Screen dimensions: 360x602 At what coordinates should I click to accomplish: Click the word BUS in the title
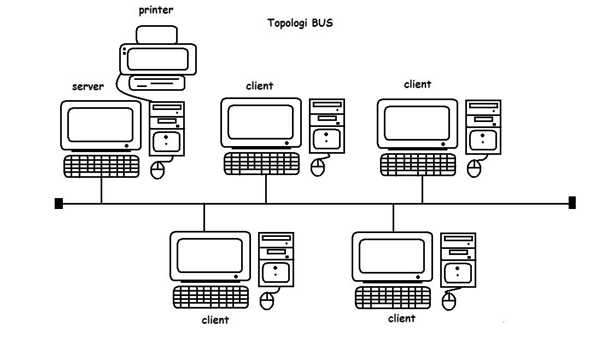(323, 23)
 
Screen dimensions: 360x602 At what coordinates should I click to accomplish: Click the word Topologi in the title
(288, 24)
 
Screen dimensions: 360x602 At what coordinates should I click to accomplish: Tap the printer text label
(156, 10)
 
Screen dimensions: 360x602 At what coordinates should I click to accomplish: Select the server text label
(87, 86)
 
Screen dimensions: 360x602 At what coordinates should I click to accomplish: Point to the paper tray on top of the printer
(157, 36)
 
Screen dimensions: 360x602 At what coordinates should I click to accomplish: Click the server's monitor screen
(100, 124)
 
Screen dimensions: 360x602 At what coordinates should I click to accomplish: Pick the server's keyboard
(101, 166)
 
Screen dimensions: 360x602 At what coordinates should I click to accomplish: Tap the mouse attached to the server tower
(157, 170)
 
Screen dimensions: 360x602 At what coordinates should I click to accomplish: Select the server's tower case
(167, 128)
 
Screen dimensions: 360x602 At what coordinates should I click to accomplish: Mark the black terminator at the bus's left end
(59, 204)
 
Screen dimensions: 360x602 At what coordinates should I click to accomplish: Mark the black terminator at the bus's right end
(572, 203)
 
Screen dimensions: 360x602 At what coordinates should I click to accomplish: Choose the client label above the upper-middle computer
(259, 86)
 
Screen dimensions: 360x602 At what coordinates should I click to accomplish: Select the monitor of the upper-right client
(417, 123)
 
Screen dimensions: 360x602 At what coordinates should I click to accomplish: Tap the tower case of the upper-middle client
(326, 126)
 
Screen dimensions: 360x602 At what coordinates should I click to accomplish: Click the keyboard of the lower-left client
(211, 297)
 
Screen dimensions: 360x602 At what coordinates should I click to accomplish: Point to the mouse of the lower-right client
(449, 301)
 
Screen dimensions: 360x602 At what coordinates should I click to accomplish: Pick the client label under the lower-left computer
(215, 320)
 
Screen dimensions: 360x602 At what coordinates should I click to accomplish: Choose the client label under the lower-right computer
(401, 318)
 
